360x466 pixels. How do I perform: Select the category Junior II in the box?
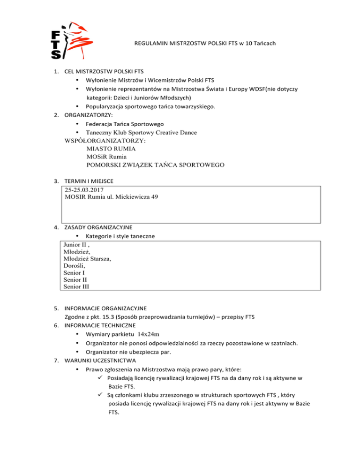(75, 245)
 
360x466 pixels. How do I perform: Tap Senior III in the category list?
(76, 286)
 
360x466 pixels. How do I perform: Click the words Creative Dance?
(173, 133)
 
